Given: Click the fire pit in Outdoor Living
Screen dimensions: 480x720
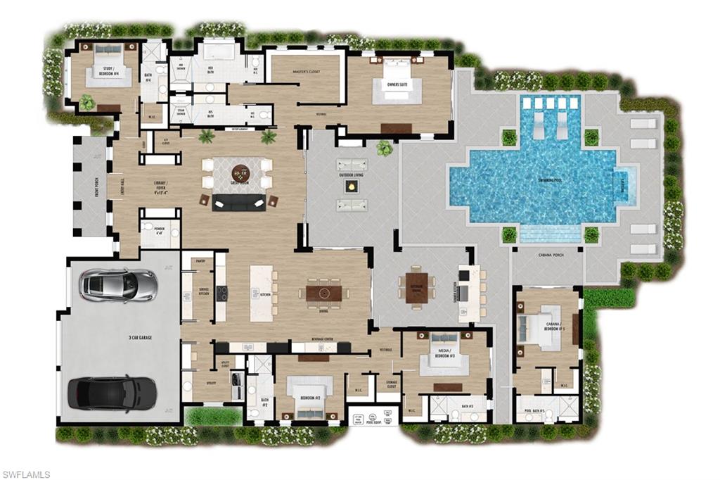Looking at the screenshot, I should click(x=351, y=187).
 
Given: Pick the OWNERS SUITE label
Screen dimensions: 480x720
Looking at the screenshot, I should click(x=392, y=84).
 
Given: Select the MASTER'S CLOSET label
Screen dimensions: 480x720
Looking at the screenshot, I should click(x=305, y=72).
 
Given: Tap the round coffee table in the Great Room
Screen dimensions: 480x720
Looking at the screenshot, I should click(x=241, y=171).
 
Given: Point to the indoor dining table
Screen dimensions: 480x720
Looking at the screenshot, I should click(x=323, y=291).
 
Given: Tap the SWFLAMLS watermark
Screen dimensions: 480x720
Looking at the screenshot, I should click(x=26, y=474).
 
